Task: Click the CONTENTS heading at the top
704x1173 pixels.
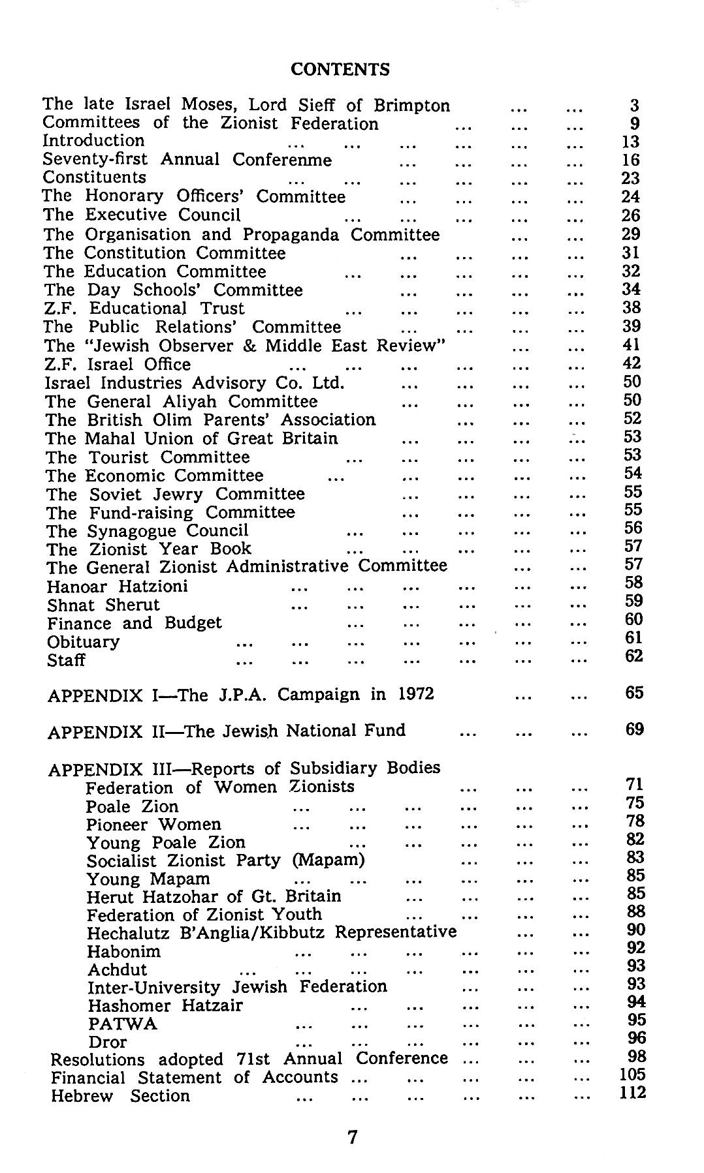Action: click(340, 69)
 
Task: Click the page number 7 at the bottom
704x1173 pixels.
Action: click(352, 1137)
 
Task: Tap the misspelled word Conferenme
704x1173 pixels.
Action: click(282, 160)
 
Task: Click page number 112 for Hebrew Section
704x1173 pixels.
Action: click(632, 1092)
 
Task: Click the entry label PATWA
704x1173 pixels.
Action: click(123, 1024)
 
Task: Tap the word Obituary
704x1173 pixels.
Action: click(84, 642)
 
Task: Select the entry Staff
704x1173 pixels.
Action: click(66, 660)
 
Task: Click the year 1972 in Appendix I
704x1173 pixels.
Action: click(416, 693)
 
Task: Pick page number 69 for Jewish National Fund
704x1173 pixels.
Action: click(634, 729)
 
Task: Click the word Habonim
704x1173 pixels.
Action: click(124, 952)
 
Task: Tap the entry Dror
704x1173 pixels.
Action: click(108, 1042)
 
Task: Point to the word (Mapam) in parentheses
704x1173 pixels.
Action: click(328, 860)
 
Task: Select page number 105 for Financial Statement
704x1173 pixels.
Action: click(632, 1074)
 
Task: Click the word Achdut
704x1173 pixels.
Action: click(118, 970)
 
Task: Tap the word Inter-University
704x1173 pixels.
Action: click(154, 988)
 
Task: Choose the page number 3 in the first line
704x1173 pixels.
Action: click(634, 106)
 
